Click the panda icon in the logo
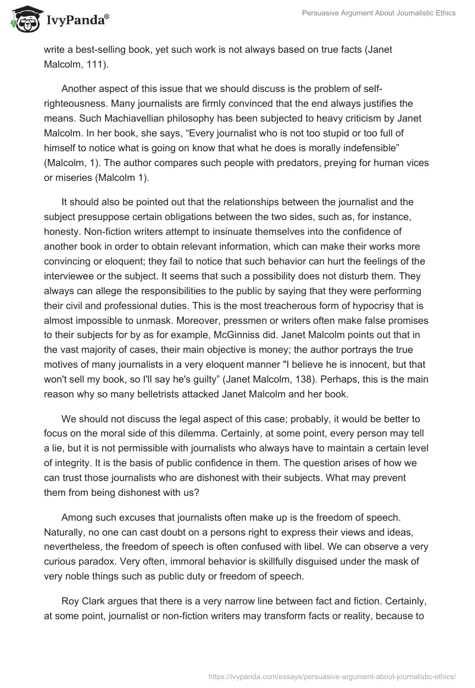pyautogui.click(x=22, y=20)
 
